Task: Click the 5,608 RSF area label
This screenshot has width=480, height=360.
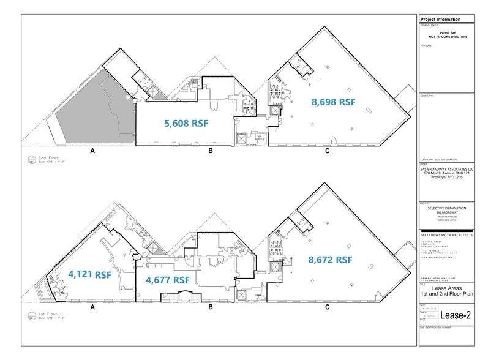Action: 186,123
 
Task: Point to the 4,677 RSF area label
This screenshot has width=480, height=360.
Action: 167,280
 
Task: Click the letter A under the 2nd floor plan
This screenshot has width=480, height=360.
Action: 92,150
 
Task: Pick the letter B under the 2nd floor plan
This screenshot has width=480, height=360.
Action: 210,150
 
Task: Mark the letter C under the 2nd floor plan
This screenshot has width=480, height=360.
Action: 328,150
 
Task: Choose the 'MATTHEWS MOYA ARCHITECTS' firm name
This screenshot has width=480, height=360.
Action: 446,234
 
